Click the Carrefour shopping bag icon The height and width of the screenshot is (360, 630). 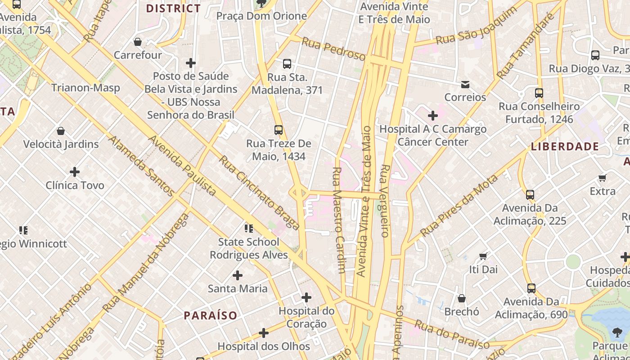[x=138, y=42]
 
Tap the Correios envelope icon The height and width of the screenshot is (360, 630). [x=465, y=84]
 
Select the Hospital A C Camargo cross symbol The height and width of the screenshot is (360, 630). [x=432, y=116]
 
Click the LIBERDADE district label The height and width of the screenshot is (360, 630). [x=565, y=146]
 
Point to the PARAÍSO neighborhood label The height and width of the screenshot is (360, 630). [x=210, y=315]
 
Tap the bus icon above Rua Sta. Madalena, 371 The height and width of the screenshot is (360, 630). [x=287, y=64]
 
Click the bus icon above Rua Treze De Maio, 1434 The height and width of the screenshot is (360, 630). [x=279, y=130]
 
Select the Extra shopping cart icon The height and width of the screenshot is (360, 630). [x=602, y=178]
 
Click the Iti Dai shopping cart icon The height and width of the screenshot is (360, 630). [x=483, y=256]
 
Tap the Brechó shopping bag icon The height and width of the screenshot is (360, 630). [x=462, y=298]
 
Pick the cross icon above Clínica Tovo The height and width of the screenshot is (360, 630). [x=75, y=171]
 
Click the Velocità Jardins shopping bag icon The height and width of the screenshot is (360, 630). [x=61, y=131]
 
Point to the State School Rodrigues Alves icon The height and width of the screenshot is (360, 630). [x=248, y=229]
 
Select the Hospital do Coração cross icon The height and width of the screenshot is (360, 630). [x=306, y=297]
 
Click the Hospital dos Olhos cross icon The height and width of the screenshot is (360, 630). [x=264, y=333]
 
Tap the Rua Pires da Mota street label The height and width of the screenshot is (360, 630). [x=459, y=205]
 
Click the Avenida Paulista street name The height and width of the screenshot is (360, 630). [x=182, y=166]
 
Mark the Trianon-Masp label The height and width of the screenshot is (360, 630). [x=85, y=88]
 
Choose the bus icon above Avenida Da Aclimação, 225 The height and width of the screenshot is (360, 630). [x=530, y=195]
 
